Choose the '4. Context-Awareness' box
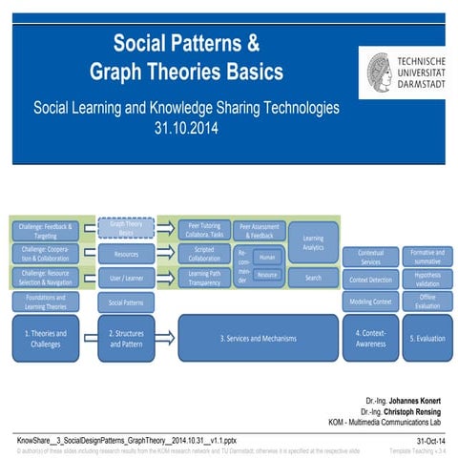370,338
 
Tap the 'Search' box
312,278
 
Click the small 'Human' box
268,257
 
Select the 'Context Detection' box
370,280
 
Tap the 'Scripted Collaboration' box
203,254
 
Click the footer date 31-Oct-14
431,438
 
